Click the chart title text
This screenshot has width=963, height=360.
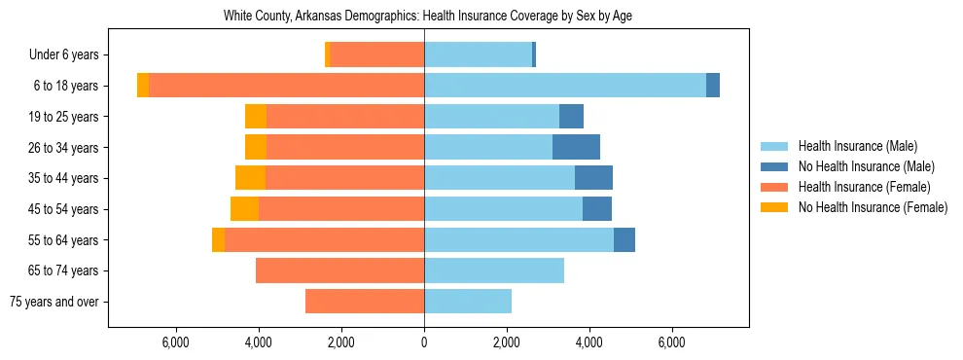(x=429, y=17)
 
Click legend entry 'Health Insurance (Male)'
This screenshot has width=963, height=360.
(x=857, y=146)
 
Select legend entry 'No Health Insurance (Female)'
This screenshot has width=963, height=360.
(x=873, y=207)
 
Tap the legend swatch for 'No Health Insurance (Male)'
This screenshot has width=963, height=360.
(x=774, y=166)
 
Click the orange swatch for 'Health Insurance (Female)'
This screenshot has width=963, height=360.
(x=774, y=187)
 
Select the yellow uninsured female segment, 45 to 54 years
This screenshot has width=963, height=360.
(x=244, y=209)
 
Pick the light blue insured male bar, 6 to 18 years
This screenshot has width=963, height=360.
(x=564, y=86)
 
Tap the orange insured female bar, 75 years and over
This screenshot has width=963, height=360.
(x=365, y=302)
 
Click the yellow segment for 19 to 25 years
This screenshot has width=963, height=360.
(x=256, y=117)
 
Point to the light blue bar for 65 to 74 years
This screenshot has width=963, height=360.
(x=494, y=270)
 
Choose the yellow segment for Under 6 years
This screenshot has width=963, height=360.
(x=328, y=55)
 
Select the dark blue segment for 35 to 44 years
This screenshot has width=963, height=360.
(x=593, y=178)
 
